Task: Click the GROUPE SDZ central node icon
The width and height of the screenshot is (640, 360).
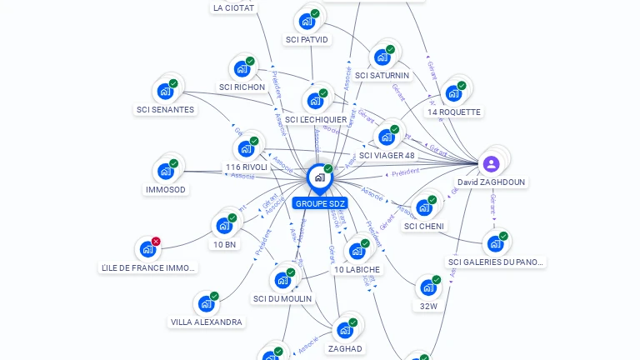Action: (318, 177)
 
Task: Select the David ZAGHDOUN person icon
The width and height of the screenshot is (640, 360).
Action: (491, 163)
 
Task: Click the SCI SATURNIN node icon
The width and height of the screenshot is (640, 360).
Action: (382, 57)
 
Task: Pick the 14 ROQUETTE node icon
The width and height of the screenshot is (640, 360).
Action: (453, 93)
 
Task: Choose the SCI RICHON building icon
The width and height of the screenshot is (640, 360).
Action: (242, 68)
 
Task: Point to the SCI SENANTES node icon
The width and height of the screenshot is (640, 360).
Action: (165, 91)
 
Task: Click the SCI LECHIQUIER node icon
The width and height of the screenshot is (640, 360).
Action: (315, 101)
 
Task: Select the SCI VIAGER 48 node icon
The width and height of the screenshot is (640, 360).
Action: (386, 137)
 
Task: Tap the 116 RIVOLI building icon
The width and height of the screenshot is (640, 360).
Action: (246, 149)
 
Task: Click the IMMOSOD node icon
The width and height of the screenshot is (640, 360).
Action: (165, 172)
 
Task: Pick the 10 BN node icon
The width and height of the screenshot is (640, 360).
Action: (223, 225)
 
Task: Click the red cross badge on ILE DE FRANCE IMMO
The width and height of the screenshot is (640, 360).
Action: (156, 242)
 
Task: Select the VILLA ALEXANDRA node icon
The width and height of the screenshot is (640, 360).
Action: (205, 304)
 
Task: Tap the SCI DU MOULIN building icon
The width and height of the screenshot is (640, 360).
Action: (282, 280)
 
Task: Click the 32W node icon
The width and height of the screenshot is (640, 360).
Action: (427, 287)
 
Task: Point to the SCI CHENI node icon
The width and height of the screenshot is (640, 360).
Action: (424, 207)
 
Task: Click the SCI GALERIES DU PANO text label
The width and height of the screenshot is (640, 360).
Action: (496, 262)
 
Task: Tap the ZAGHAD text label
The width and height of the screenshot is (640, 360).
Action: (345, 349)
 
